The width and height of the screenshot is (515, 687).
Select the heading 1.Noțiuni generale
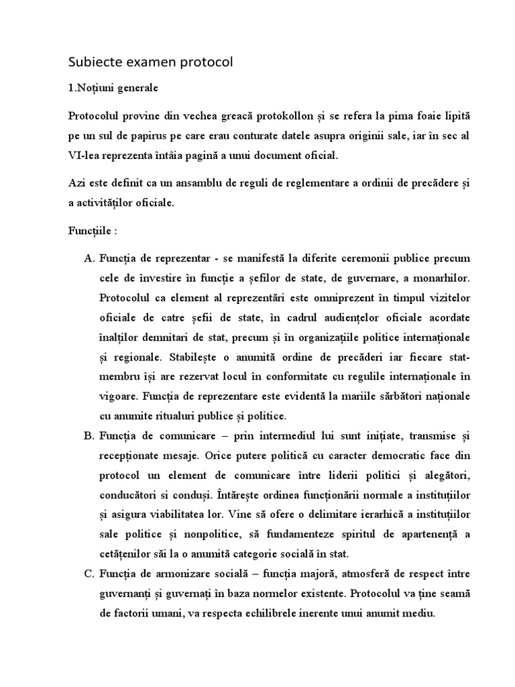click(113, 88)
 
